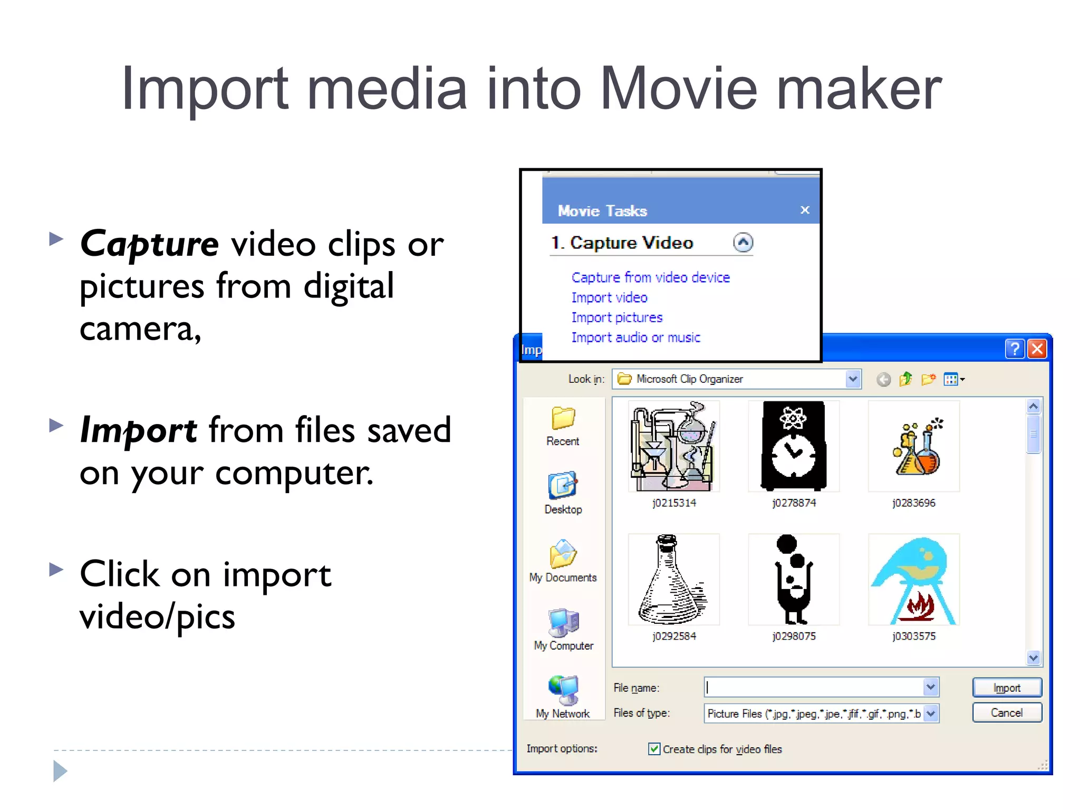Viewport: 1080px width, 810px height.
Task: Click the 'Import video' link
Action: coord(609,297)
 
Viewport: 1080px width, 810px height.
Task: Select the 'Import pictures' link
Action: coord(616,317)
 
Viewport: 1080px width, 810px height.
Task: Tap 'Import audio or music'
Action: coord(635,337)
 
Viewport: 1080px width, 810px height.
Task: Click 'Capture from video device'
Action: coord(650,277)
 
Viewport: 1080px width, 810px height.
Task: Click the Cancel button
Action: coord(1006,713)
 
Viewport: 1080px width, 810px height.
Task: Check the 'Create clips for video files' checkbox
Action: coord(654,749)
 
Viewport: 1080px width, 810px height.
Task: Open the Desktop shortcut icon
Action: coord(563,486)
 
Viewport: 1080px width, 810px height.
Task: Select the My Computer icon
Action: coord(563,622)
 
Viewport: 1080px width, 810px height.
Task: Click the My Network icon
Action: coord(563,690)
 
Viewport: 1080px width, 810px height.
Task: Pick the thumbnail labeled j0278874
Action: coord(794,446)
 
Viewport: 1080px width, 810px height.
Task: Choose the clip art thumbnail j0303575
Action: coord(913,580)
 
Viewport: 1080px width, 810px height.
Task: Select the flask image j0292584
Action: coord(673,580)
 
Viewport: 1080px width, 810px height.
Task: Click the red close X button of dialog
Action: coord(1037,349)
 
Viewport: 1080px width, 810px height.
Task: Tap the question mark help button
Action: coord(1015,349)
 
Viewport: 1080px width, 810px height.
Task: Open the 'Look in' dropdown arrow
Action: coord(853,379)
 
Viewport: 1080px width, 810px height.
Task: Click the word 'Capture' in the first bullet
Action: coord(149,244)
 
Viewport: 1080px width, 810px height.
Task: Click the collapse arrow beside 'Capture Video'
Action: coord(743,243)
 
